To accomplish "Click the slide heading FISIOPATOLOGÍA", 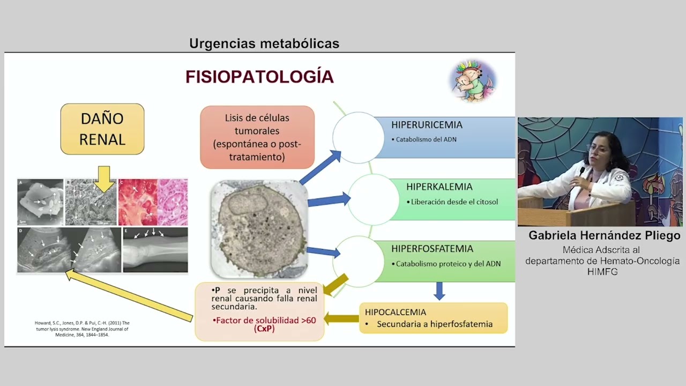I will coord(259,77).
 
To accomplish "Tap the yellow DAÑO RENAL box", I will coord(102,129).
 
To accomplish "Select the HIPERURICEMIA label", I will coord(427,125).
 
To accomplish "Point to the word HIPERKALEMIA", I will coord(439,187).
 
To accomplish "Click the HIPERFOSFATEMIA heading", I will coord(432,249).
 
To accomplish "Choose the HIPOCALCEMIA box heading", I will coord(396,312).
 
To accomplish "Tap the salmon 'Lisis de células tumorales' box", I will coord(257,137).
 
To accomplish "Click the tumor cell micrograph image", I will coord(259,228).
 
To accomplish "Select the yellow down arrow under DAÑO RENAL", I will coord(104,179).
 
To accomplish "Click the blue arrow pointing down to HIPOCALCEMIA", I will coord(439,290).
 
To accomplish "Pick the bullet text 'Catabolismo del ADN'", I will coord(426,139).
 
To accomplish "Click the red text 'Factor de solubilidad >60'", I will coord(264,321).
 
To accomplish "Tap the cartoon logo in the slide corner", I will coord(472,81).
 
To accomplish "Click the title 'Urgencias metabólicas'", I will coord(264,43).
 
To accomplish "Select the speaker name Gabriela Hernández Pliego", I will coord(604,235).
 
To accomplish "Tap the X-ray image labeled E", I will coord(155,250).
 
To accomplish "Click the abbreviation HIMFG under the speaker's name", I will coord(602,272).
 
